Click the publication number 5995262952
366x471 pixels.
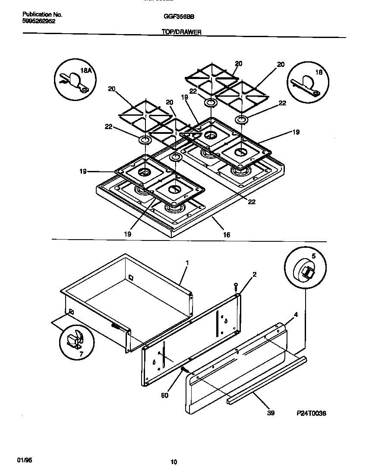tap(38, 21)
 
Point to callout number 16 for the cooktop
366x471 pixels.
tap(227, 235)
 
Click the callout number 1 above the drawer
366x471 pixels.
tap(187, 262)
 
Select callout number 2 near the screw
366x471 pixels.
tap(254, 274)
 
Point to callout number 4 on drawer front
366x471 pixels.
tap(296, 315)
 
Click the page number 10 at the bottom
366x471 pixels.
tap(174, 462)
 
